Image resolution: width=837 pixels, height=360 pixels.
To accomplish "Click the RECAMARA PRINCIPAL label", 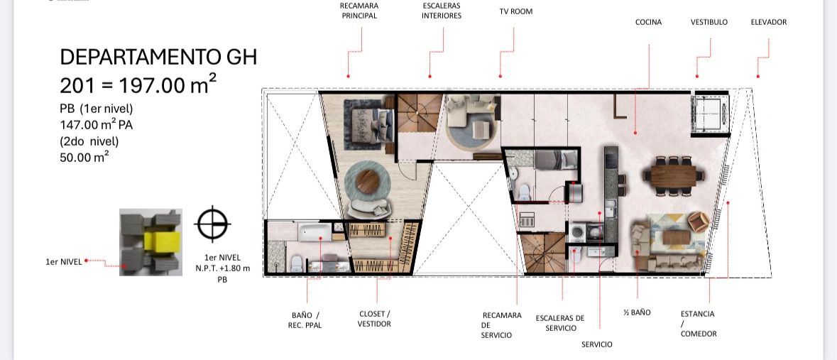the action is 359,11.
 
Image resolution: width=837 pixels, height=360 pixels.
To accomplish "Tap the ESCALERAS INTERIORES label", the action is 442,11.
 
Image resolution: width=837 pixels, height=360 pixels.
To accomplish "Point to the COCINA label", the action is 649,22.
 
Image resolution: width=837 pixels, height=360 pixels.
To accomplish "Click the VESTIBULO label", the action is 709,22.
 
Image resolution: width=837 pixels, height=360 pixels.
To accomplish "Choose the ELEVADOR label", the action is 769,22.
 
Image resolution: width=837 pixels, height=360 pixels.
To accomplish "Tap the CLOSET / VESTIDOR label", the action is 374,319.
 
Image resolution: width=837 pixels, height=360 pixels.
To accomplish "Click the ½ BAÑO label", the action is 637,312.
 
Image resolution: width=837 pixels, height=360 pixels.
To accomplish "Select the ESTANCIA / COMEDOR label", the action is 699,324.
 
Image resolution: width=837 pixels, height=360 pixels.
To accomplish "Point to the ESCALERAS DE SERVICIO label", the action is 560,323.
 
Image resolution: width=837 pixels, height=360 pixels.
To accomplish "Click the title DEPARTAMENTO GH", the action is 158,57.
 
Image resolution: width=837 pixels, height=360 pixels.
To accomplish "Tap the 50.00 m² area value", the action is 84,157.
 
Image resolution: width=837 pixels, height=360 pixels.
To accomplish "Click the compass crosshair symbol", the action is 212,224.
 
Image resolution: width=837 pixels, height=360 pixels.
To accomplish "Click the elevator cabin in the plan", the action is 710,113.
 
